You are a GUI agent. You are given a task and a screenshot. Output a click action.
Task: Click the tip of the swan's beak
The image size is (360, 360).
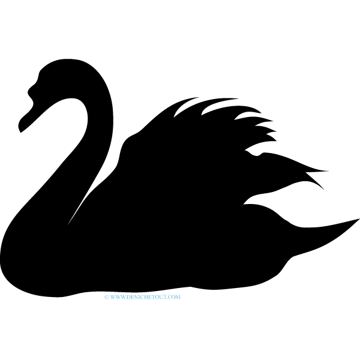[x=20, y=132]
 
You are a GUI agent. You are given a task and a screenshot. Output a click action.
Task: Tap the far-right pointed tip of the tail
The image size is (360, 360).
[x=359, y=219]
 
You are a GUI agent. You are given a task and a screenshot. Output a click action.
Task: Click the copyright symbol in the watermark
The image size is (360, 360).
[x=106, y=297]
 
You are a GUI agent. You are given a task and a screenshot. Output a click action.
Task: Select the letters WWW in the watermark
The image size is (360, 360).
[x=118, y=297]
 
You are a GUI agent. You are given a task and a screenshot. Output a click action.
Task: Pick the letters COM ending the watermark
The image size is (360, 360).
[x=175, y=297]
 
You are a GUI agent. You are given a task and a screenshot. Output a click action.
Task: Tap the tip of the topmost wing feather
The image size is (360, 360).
[x=199, y=97]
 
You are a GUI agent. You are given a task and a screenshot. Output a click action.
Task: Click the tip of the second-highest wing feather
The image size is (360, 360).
[x=238, y=99]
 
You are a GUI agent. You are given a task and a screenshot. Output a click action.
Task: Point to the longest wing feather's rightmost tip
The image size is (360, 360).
[x=328, y=171]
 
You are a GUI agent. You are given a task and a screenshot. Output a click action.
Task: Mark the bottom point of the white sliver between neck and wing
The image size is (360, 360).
[x=67, y=225]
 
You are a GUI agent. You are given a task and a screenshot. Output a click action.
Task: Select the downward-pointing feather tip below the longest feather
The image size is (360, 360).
[x=324, y=190]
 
